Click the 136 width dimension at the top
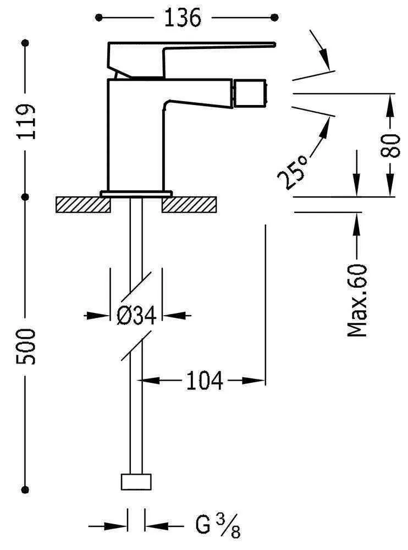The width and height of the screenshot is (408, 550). pyautogui.click(x=183, y=18)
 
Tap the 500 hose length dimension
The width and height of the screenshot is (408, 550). pyautogui.click(x=26, y=346)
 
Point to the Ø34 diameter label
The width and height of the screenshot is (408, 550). pyautogui.click(x=137, y=316)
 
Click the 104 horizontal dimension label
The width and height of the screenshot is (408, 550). pyautogui.click(x=205, y=380)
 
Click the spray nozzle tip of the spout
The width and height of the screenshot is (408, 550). pyautogui.click(x=250, y=94)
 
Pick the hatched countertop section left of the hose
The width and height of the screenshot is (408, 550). pyautogui.click(x=82, y=204)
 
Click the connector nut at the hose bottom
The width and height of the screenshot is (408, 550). pyautogui.click(x=136, y=481)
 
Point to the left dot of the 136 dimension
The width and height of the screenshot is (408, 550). pyautogui.click(x=99, y=18)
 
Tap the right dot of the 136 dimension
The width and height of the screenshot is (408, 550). pyautogui.click(x=274, y=18)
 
